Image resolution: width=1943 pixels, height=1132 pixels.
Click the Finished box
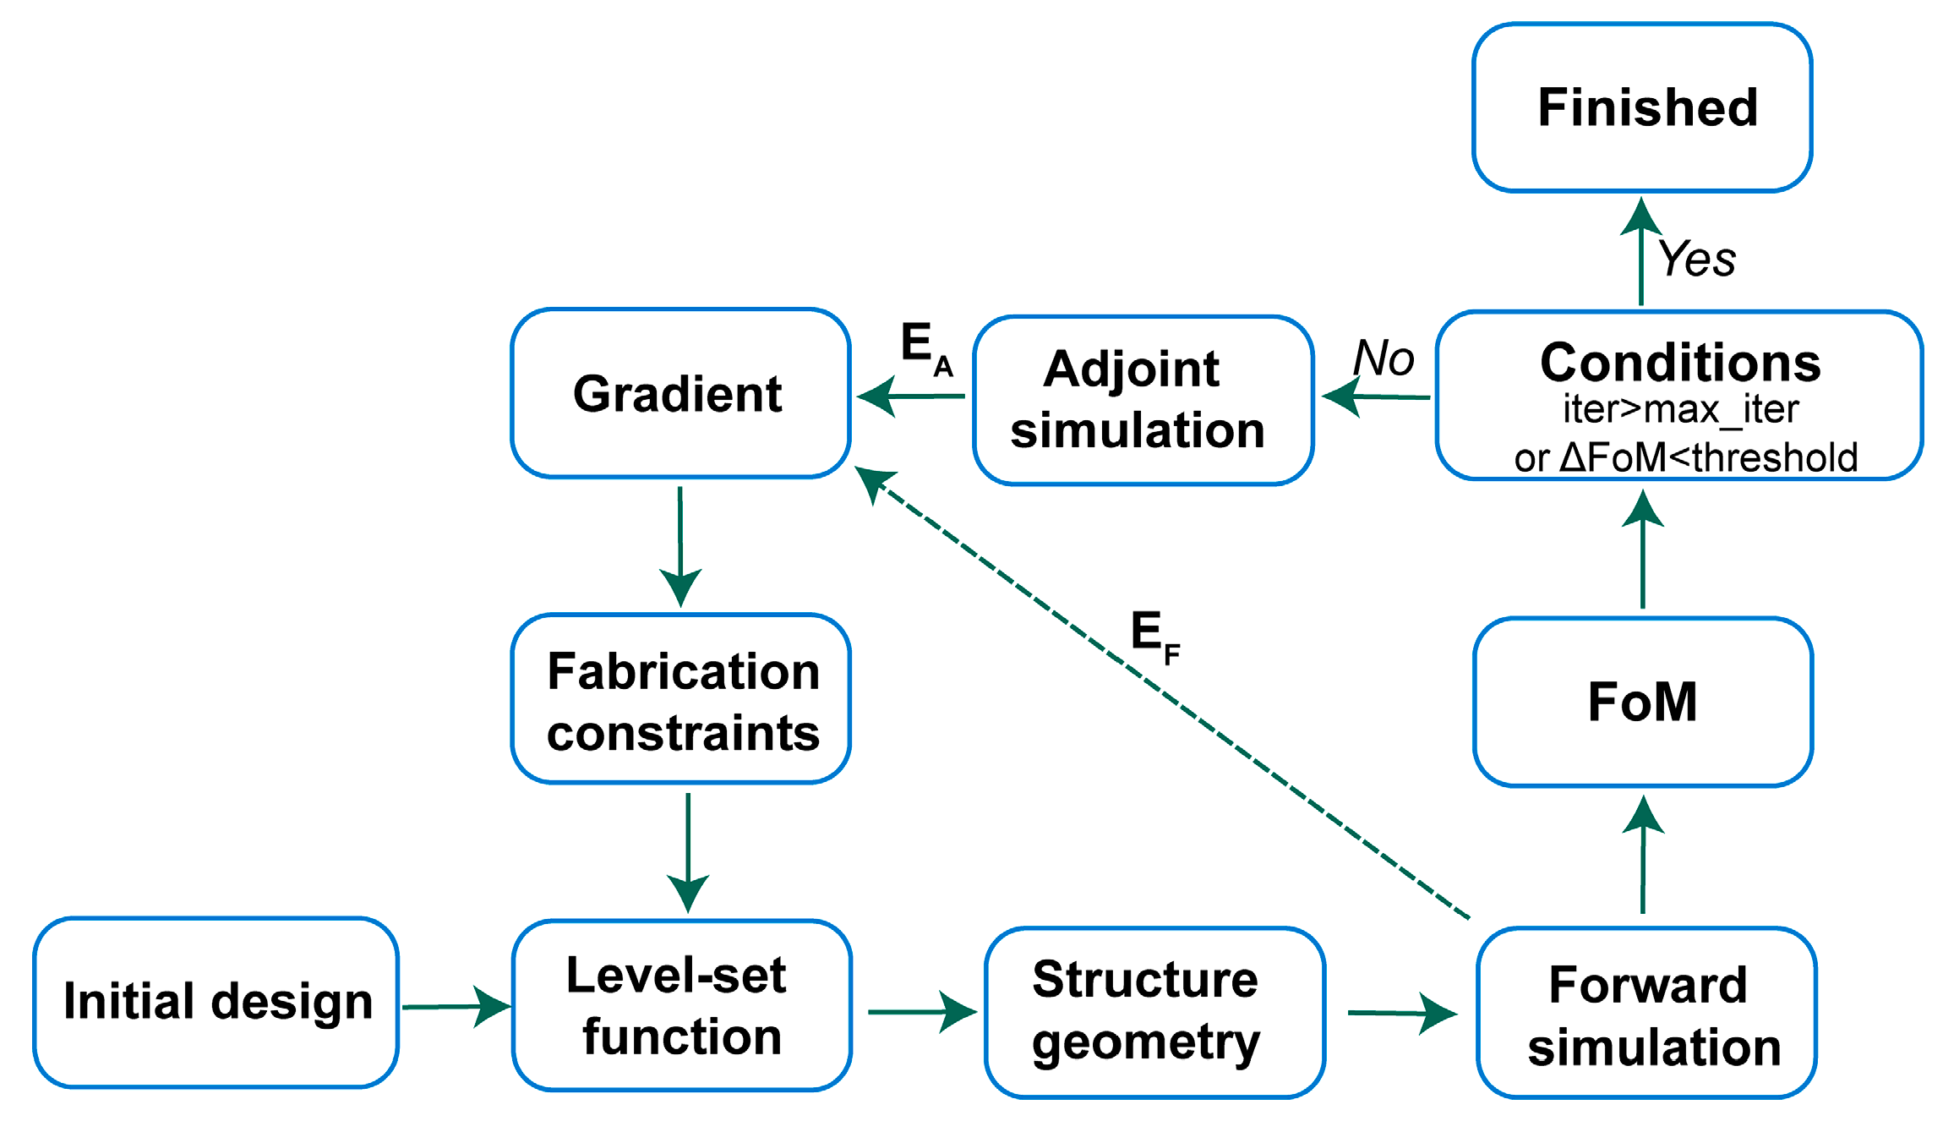[1641, 107]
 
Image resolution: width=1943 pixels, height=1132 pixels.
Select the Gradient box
[680, 393]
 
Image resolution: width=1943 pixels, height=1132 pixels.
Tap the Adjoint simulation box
[1143, 400]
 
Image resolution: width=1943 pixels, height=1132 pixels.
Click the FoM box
[1642, 702]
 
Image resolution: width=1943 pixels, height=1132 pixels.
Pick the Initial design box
[216, 1002]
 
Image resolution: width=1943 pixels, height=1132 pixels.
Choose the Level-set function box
[681, 1005]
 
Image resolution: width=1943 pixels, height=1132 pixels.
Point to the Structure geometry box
[1154, 1012]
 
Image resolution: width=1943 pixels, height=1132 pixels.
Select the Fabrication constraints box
[681, 700]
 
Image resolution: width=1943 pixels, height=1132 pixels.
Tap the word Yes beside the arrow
[1697, 259]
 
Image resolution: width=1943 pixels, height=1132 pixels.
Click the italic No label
[1383, 358]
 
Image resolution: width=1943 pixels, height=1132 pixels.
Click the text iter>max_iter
[1680, 410]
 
